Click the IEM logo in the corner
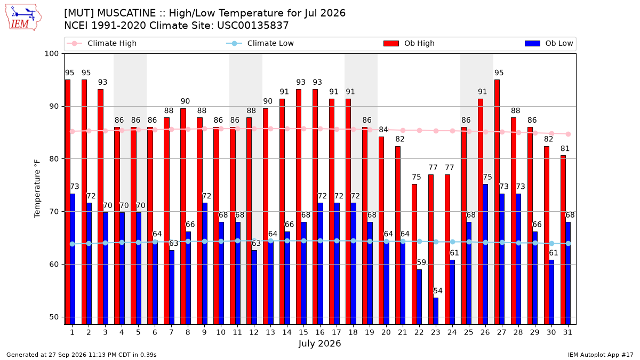click(x=23, y=18)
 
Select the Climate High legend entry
click(x=101, y=43)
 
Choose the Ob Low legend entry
click(x=549, y=43)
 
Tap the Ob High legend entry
click(x=409, y=43)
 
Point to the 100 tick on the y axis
click(x=51, y=54)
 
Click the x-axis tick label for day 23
click(x=435, y=332)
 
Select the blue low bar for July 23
click(x=436, y=311)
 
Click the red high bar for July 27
click(x=497, y=202)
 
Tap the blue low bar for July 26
click(x=485, y=254)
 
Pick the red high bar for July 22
click(x=414, y=254)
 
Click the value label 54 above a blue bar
click(x=438, y=291)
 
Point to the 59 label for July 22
click(x=421, y=262)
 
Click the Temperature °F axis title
click(x=37, y=189)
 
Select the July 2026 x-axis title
click(x=319, y=343)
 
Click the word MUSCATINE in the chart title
click(x=126, y=13)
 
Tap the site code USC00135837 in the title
click(x=253, y=26)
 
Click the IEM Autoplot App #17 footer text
click(x=601, y=355)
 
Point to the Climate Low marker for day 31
click(x=569, y=243)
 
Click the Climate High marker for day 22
click(x=419, y=130)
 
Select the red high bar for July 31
click(x=563, y=240)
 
